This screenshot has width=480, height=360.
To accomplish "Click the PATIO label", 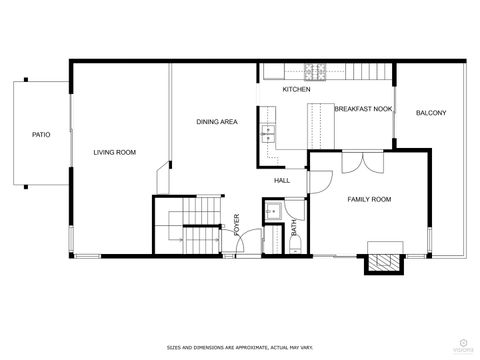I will pos(41,133).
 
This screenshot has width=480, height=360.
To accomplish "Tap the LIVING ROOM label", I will pos(115,152).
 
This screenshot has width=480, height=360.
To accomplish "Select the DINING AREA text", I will pos(216,122).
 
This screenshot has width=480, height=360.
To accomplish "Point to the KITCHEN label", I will pos(296,90).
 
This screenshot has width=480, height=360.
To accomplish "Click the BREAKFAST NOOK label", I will pos(363,108).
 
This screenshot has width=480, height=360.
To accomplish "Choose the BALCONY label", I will pos(431,112).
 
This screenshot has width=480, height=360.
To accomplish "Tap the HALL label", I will pos(282,180).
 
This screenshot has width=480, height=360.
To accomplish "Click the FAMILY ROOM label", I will pos(369,200).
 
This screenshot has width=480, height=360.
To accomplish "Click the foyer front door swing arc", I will pos(251,241).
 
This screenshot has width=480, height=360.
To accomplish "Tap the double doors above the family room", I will pos(355,163).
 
